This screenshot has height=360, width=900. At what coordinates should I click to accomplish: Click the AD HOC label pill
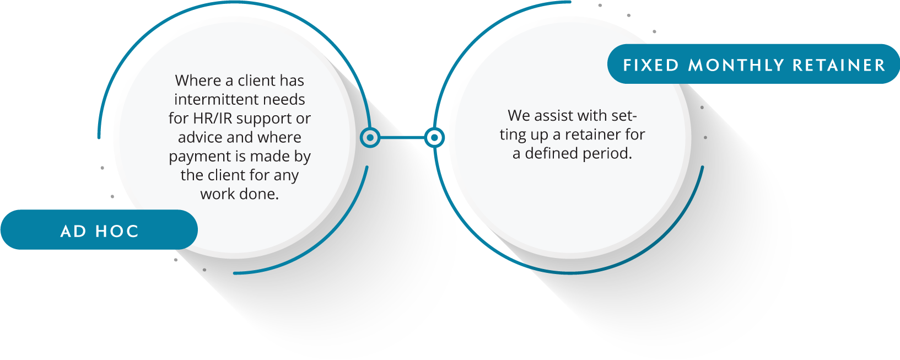[x=99, y=229]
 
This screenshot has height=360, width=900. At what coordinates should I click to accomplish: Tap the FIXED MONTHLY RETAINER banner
[x=753, y=64]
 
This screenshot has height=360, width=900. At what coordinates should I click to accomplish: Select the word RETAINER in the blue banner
[x=839, y=65]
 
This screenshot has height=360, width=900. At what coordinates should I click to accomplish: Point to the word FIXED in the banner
[x=651, y=65]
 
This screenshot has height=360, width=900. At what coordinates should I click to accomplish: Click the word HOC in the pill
[x=117, y=232]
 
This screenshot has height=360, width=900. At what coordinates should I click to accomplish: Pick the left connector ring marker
[x=370, y=138]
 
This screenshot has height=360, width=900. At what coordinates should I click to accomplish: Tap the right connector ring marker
[x=434, y=138]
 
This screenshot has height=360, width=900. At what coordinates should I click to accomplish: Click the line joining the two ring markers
[x=402, y=138]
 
